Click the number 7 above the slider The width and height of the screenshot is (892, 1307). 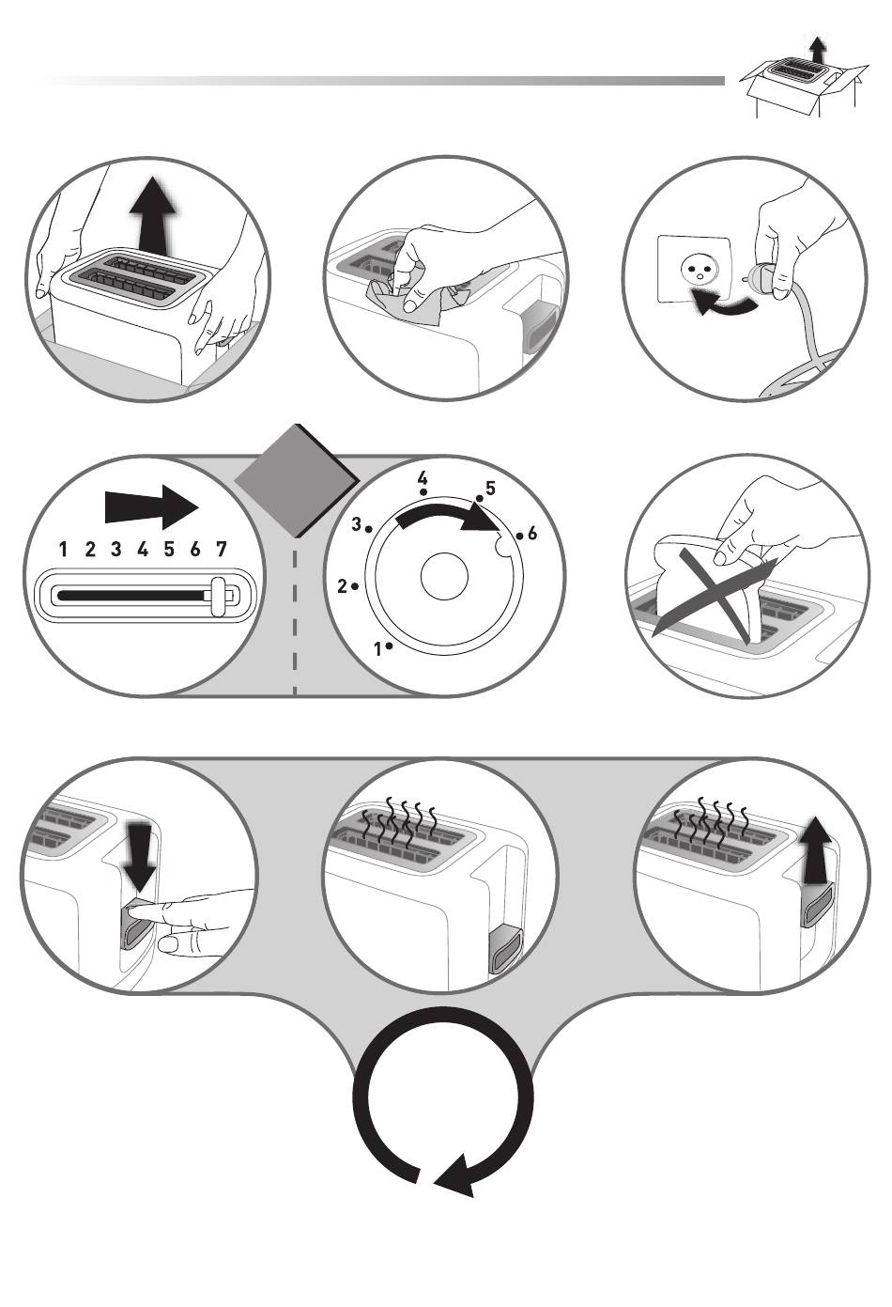(x=222, y=550)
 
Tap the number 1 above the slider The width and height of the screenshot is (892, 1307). (x=63, y=550)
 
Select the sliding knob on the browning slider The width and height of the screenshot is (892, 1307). (x=219, y=596)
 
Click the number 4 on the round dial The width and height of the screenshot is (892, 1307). (x=423, y=477)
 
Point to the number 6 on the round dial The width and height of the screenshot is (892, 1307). (x=532, y=534)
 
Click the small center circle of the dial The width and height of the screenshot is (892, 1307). (x=444, y=576)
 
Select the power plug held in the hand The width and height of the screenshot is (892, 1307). (x=765, y=278)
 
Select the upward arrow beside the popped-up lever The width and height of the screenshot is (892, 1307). (x=817, y=850)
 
